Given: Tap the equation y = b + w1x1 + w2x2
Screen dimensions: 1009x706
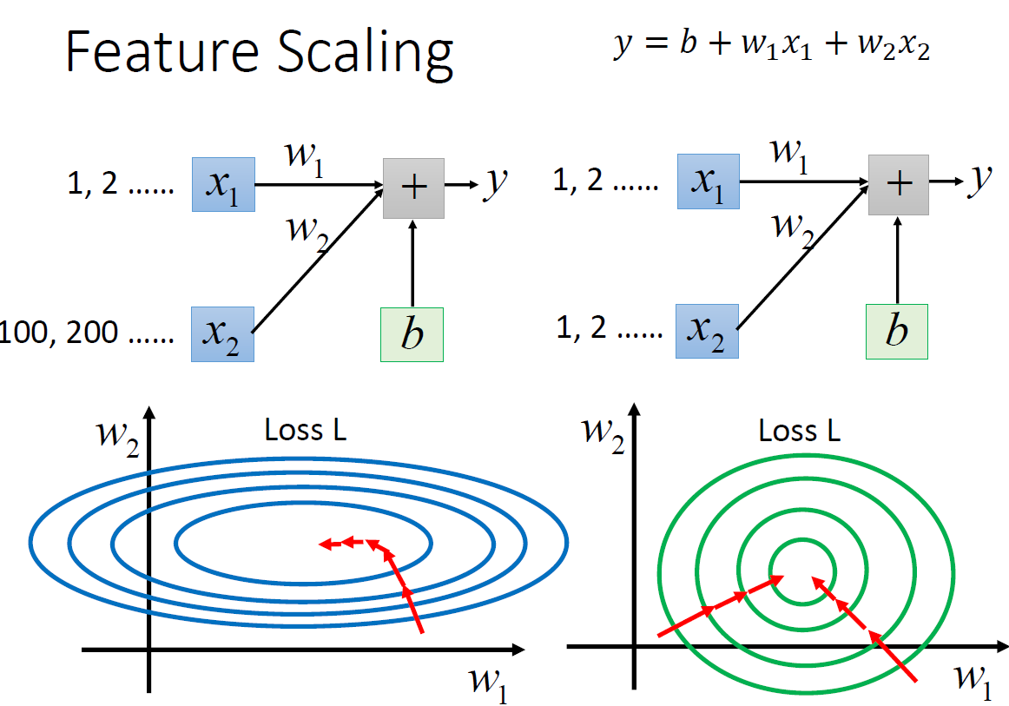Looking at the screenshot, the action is click(771, 47).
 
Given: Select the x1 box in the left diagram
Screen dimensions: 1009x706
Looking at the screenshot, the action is click(223, 184).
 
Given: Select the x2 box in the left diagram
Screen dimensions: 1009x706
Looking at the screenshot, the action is click(222, 333).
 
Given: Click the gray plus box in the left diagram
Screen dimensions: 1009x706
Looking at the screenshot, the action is click(413, 188).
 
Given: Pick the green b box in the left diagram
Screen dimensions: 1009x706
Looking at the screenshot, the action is click(412, 334).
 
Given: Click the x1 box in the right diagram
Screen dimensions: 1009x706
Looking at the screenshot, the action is click(708, 181).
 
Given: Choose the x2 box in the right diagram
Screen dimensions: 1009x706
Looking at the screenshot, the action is click(708, 331).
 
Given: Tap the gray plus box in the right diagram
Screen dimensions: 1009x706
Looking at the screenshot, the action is click(899, 184).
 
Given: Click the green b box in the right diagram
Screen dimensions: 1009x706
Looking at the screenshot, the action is click(897, 332).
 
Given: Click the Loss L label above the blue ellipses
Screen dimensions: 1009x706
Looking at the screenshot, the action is click(306, 431).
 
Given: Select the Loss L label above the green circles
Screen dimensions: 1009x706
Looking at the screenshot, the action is click(799, 431).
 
